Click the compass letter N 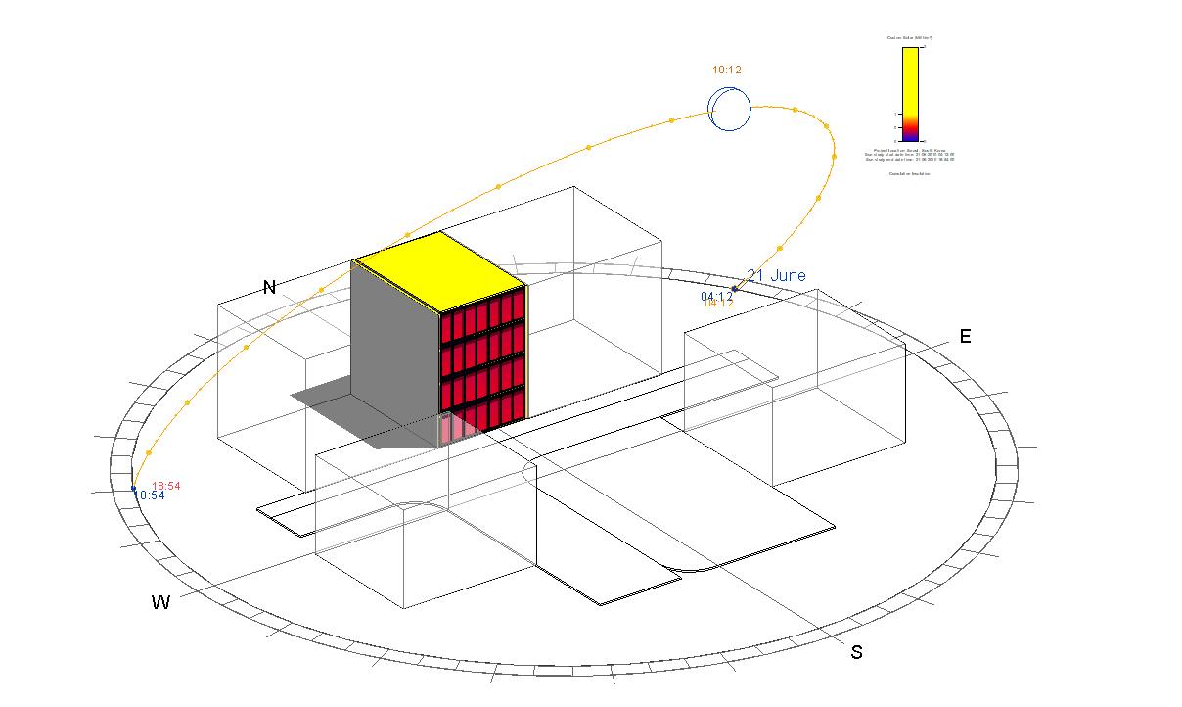[269, 287]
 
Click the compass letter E [965, 337]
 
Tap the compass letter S [856, 652]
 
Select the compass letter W [160, 602]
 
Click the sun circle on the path [730, 108]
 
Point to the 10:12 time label [727, 71]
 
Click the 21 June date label [777, 276]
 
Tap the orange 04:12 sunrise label [719, 304]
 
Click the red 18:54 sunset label [165, 486]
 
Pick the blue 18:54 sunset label [152, 495]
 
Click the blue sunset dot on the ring [134, 488]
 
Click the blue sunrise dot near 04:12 [735, 289]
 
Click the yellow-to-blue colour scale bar [910, 93]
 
